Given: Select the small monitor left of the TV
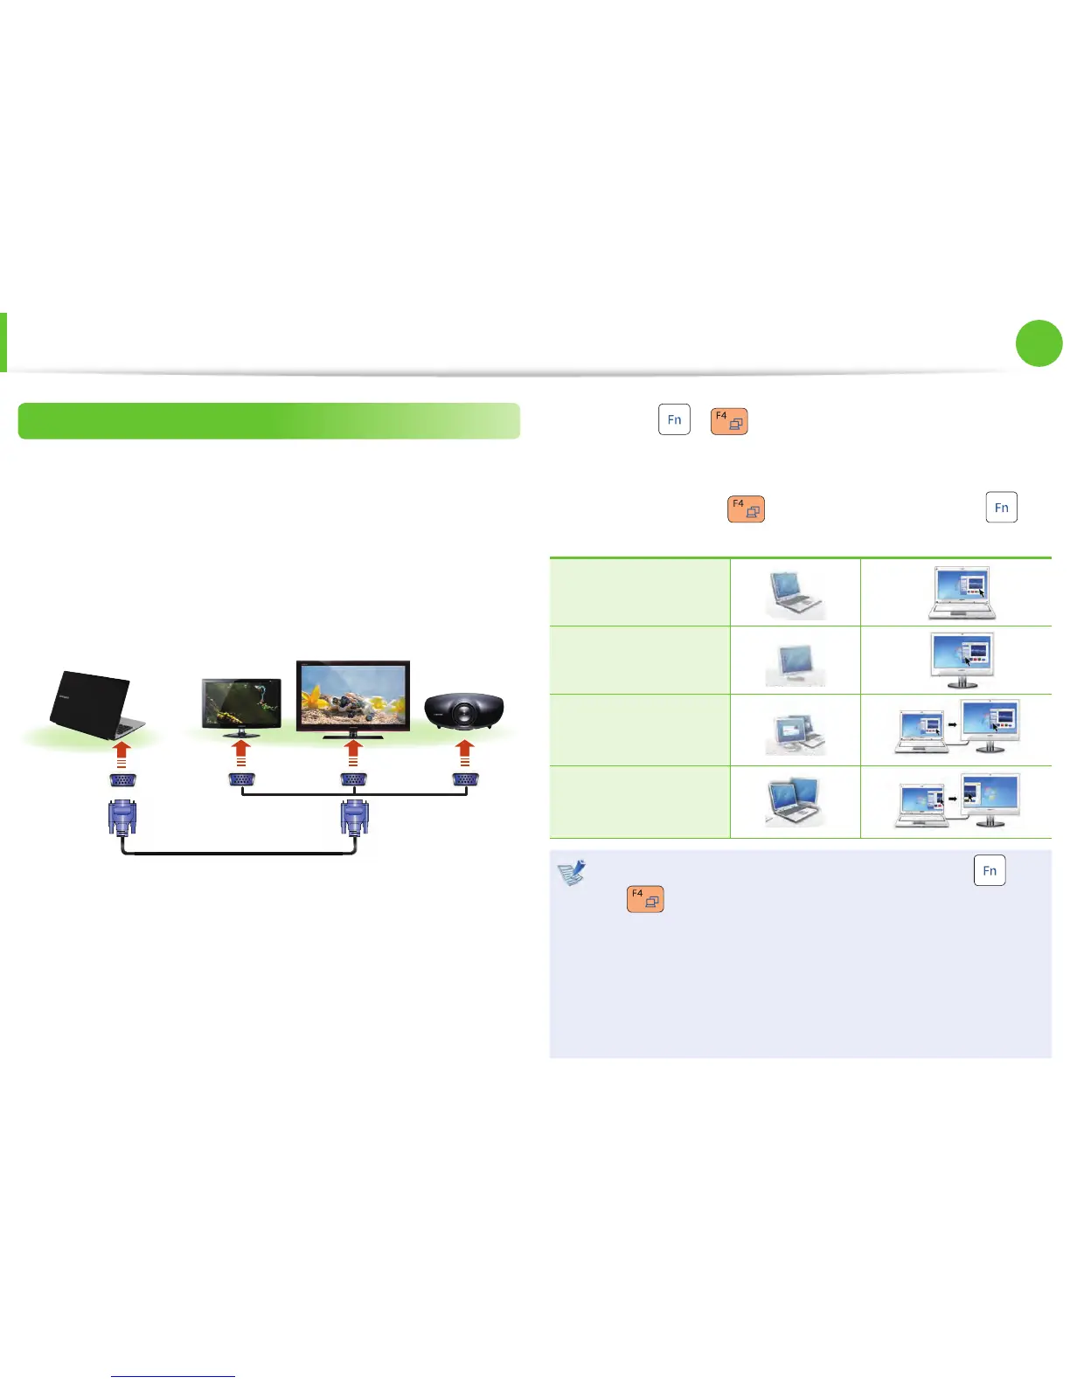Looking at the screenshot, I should [241, 704].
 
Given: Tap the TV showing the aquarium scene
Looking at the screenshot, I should [353, 695].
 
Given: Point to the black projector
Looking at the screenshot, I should [464, 712].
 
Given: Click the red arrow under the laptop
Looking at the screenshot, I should [122, 754].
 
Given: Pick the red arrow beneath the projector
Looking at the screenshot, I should [465, 754].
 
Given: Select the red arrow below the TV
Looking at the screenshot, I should [353, 754].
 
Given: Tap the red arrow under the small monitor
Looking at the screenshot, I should [241, 754].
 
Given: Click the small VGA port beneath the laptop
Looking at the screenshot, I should [122, 781].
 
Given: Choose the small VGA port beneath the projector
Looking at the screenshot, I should [465, 781].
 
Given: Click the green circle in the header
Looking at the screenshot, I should [1039, 343].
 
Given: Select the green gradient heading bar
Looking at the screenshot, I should [268, 420].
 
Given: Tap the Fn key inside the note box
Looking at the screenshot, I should [990, 870].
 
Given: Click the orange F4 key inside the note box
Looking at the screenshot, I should [645, 899].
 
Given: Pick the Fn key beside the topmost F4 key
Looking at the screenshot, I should [674, 419].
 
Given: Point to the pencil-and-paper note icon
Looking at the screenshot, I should [572, 873].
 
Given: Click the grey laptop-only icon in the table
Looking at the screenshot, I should [796, 593].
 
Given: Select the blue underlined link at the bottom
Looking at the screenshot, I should [173, 1376].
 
